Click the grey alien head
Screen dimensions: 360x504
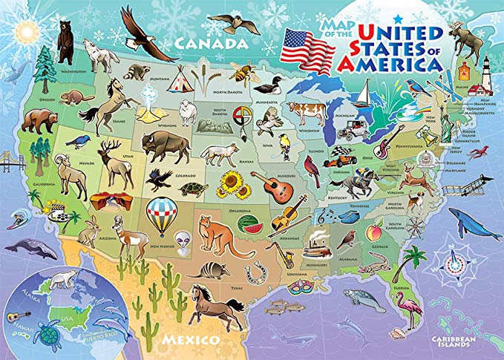tap(183, 241)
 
